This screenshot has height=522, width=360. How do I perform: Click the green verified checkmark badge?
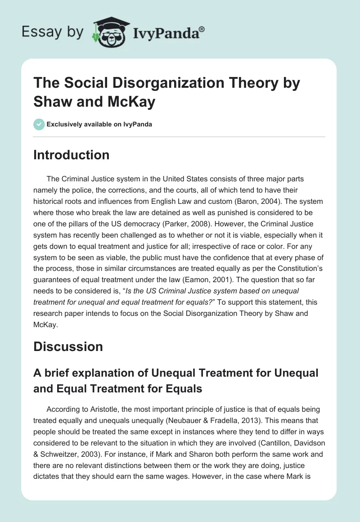pyautogui.click(x=39, y=124)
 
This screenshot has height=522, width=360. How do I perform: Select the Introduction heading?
pyautogui.click(x=72, y=155)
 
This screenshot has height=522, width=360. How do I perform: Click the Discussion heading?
pyautogui.click(x=68, y=346)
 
